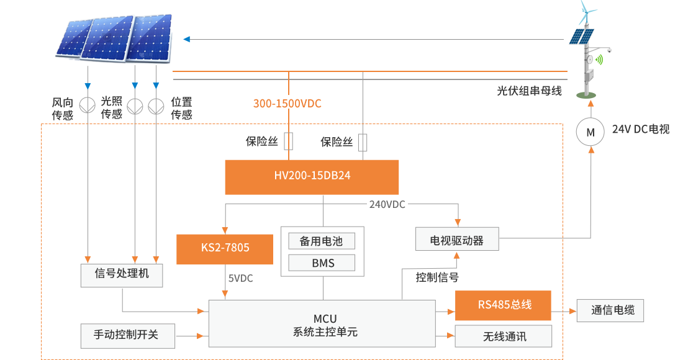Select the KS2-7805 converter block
click(x=225, y=249)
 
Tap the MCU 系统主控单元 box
click(x=322, y=324)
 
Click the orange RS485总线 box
click(x=503, y=305)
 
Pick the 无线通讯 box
click(x=503, y=336)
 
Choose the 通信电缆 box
click(x=610, y=310)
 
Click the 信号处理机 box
click(x=122, y=275)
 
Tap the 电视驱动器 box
click(x=457, y=239)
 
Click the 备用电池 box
click(x=322, y=241)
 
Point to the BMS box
click(x=322, y=263)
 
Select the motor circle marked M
click(x=590, y=132)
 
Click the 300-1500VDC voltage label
click(x=287, y=104)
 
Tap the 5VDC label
click(x=240, y=278)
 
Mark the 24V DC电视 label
click(x=640, y=130)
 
